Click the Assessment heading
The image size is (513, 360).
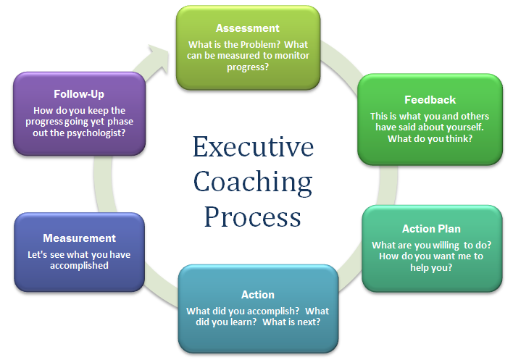tap(248, 28)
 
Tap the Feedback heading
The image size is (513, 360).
tap(430, 100)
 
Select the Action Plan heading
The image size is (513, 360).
tap(431, 229)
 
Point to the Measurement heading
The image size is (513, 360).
tap(80, 238)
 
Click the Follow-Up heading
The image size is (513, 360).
tap(79, 94)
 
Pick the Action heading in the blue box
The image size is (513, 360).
tap(258, 295)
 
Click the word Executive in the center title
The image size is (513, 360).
tap(253, 147)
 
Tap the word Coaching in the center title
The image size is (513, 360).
tap(253, 183)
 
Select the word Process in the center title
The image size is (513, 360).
tap(253, 217)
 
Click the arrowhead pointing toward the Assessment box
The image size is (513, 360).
tap(159, 56)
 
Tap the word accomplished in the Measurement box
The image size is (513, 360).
tap(79, 266)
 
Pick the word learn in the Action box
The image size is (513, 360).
tap(243, 322)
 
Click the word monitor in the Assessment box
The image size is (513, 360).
tap(291, 56)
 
